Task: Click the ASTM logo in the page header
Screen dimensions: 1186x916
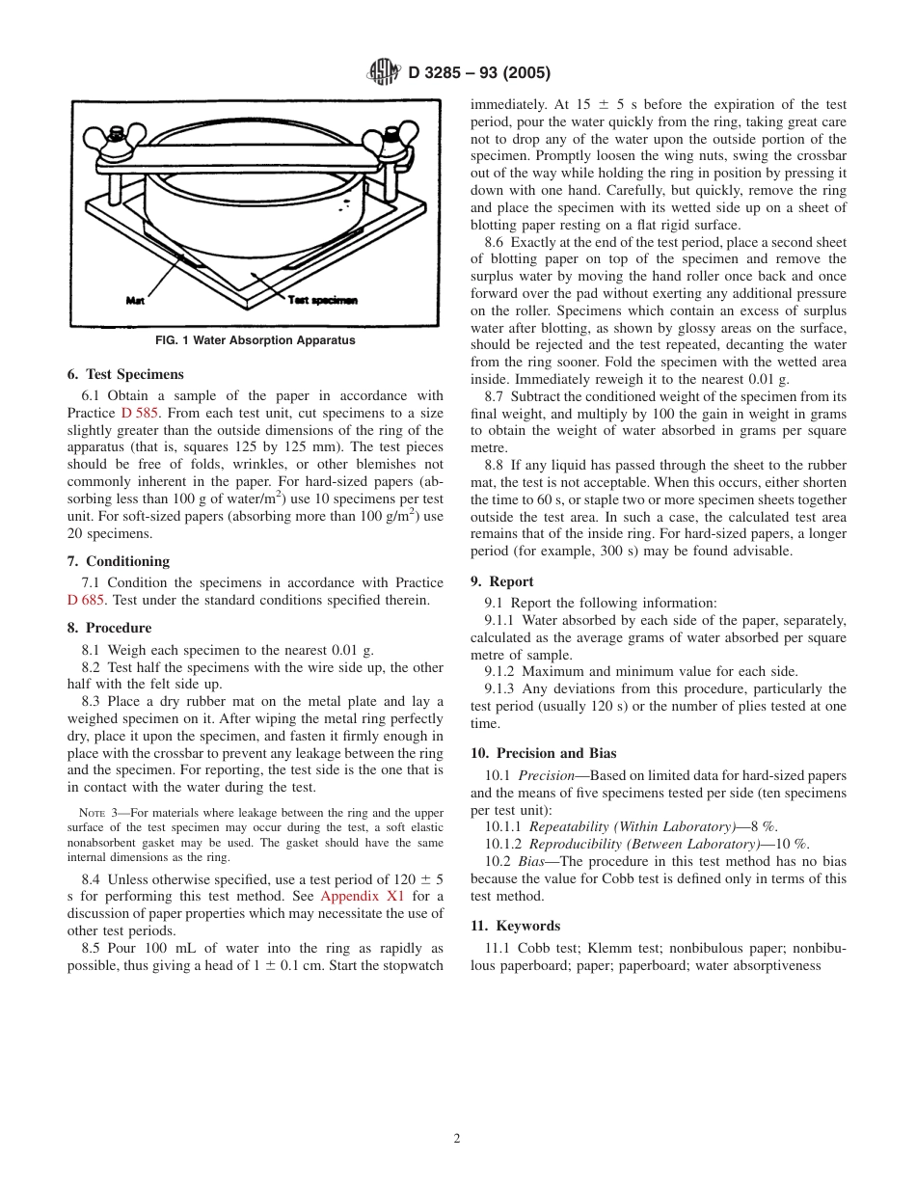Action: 386,72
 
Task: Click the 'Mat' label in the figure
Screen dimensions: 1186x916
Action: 135,300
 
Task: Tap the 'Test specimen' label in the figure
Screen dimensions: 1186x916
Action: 323,300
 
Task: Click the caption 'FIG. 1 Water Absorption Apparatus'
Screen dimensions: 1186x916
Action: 256,340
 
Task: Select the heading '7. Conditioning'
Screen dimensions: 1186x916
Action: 118,561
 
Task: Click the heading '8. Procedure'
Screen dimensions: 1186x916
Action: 109,628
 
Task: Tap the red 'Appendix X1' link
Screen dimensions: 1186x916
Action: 363,896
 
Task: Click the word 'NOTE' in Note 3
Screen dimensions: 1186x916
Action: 92,813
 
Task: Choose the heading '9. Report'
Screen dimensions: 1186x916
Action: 501,581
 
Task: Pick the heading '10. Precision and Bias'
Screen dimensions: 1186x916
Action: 543,753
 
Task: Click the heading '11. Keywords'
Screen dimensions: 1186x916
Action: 514,926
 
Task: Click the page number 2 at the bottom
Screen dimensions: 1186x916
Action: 457,1138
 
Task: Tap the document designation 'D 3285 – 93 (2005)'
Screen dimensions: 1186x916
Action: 479,73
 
